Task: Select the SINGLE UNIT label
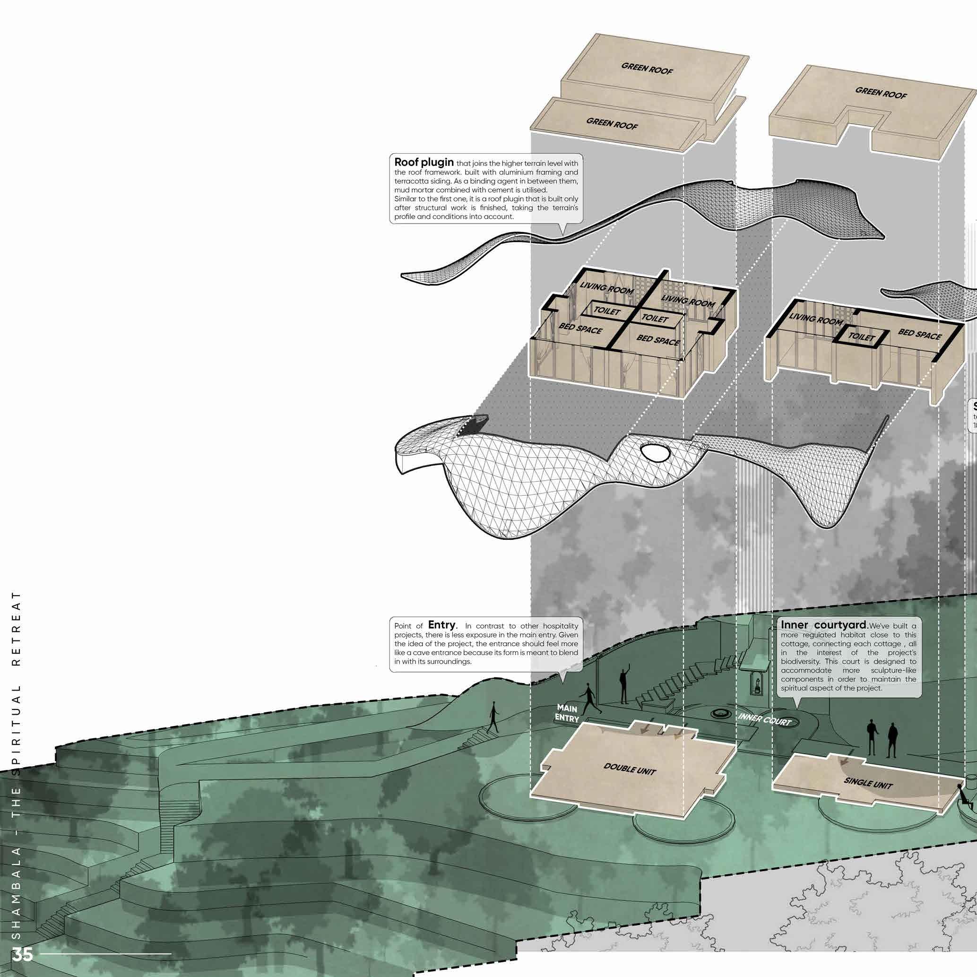click(x=868, y=783)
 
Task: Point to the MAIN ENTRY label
click(x=567, y=712)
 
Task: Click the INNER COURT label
click(x=764, y=719)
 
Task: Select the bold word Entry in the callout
click(x=441, y=625)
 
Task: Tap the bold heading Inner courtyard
click(x=824, y=625)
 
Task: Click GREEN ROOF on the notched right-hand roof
click(x=881, y=93)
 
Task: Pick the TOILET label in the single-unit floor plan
click(x=862, y=337)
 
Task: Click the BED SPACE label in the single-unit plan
click(x=920, y=334)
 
